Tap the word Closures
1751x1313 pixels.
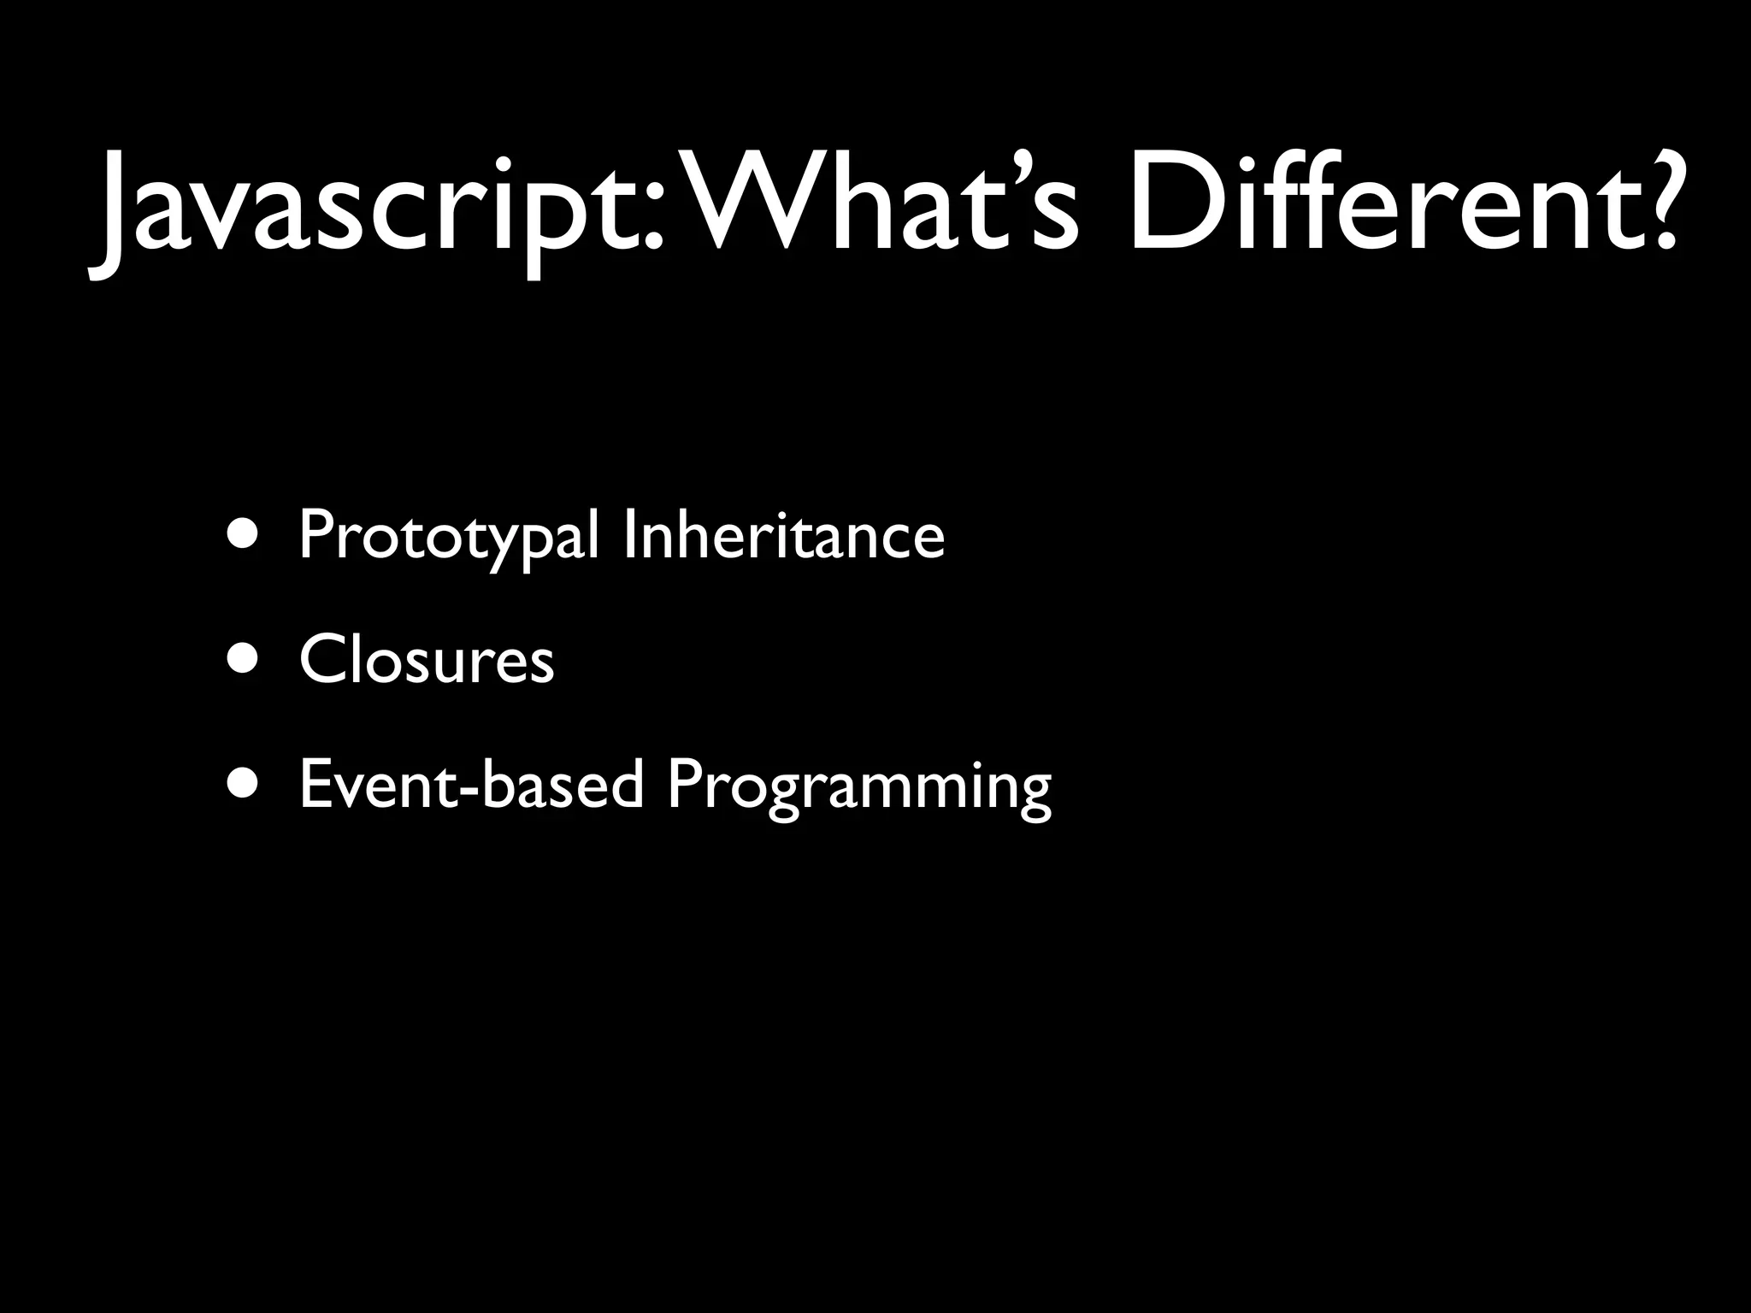pos(427,660)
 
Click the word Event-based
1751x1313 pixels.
pos(471,785)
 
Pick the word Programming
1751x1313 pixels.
pos(858,786)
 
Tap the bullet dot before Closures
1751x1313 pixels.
pos(245,661)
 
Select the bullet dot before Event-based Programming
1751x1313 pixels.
pos(245,785)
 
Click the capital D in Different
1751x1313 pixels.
pos(1171,202)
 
